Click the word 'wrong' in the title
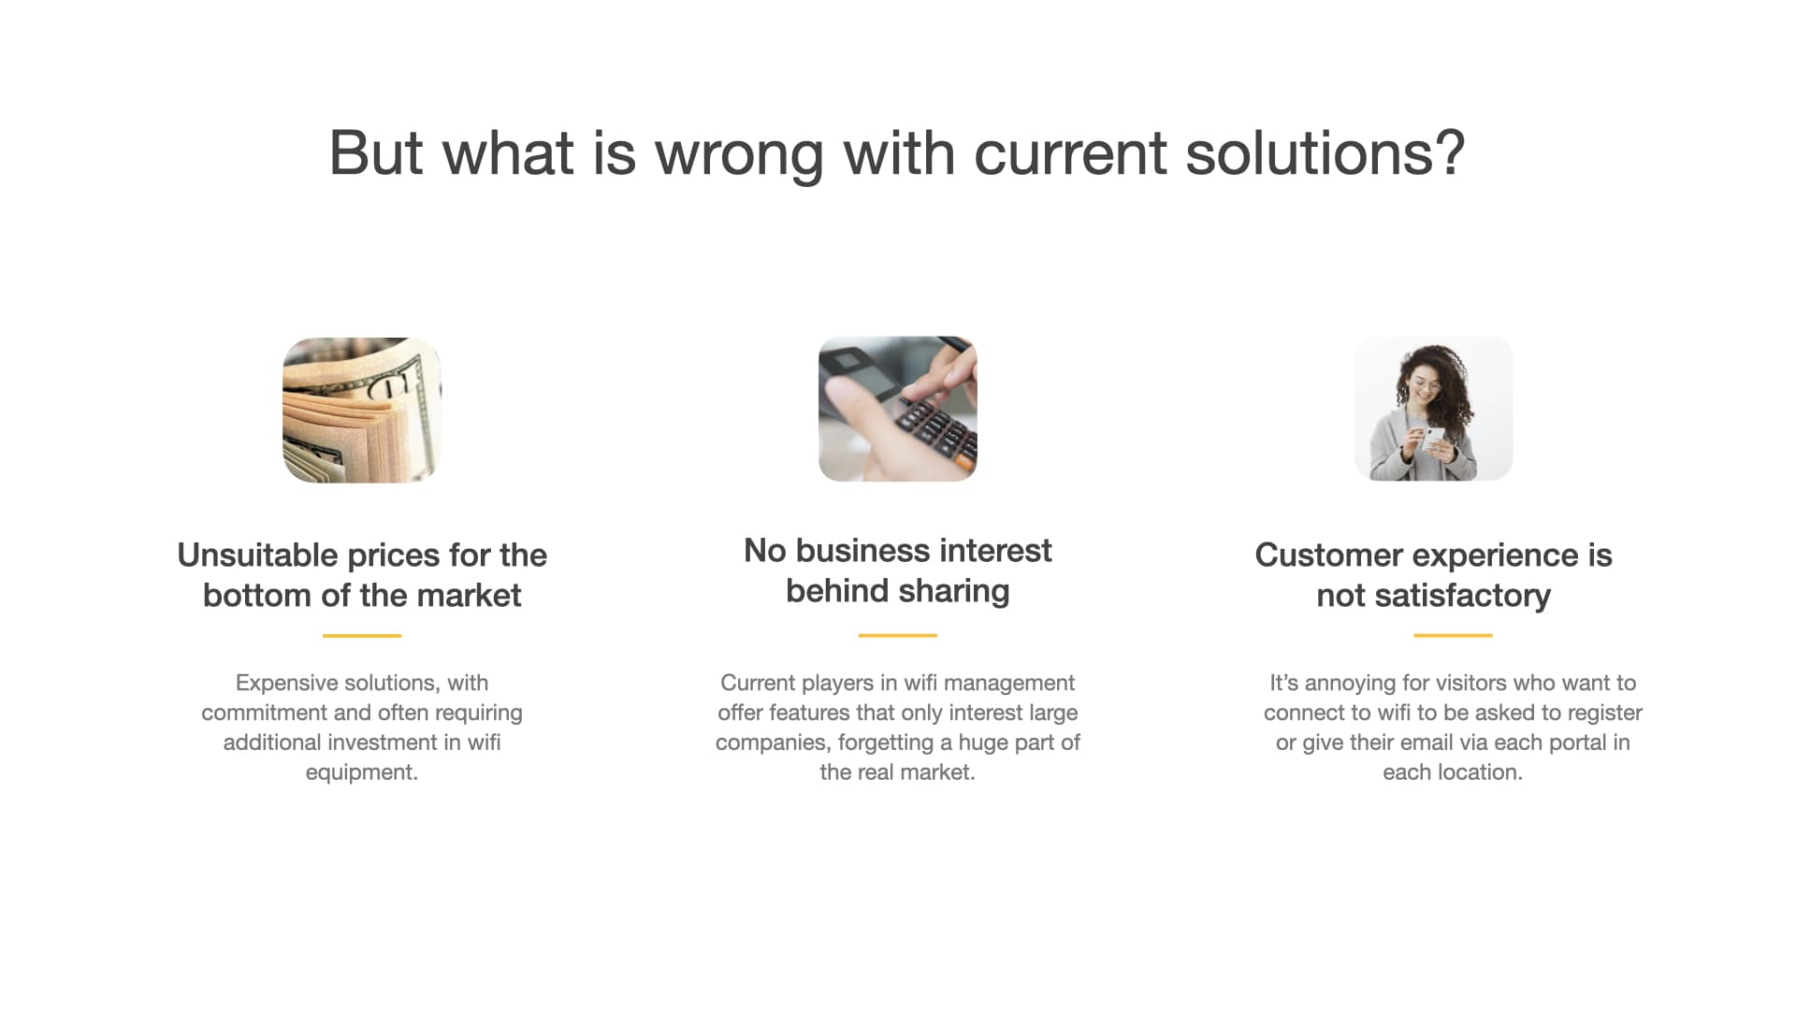739,154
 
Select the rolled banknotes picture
362,410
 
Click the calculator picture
898,409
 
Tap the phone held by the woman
1434,440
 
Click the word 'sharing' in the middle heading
954,592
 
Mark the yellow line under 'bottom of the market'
362,636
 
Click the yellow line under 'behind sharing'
898,635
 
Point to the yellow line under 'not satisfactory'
1453,635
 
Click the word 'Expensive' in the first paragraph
283,684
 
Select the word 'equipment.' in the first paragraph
362,773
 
